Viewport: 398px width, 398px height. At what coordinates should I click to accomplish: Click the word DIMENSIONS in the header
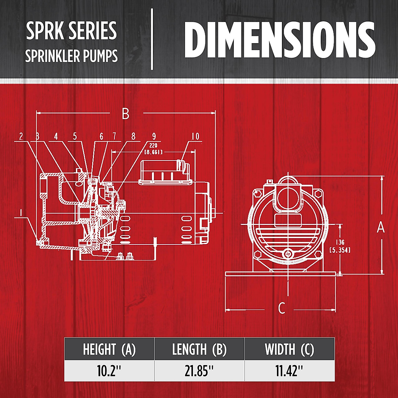pyautogui.click(x=280, y=40)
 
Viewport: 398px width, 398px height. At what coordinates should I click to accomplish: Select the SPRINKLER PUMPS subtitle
pyautogui.click(x=71, y=56)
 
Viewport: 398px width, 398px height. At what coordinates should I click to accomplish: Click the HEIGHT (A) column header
pyautogui.click(x=109, y=349)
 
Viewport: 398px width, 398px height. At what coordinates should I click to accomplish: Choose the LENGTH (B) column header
pyautogui.click(x=199, y=349)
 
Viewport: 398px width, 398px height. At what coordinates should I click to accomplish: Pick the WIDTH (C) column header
pyautogui.click(x=290, y=349)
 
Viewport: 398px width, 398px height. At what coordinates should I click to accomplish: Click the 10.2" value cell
pyautogui.click(x=109, y=371)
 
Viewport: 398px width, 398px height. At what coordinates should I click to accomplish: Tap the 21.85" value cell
pyautogui.click(x=199, y=371)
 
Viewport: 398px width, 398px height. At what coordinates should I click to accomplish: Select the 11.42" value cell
pyautogui.click(x=290, y=371)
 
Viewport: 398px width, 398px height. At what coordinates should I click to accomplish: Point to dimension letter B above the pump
pyautogui.click(x=126, y=113)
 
